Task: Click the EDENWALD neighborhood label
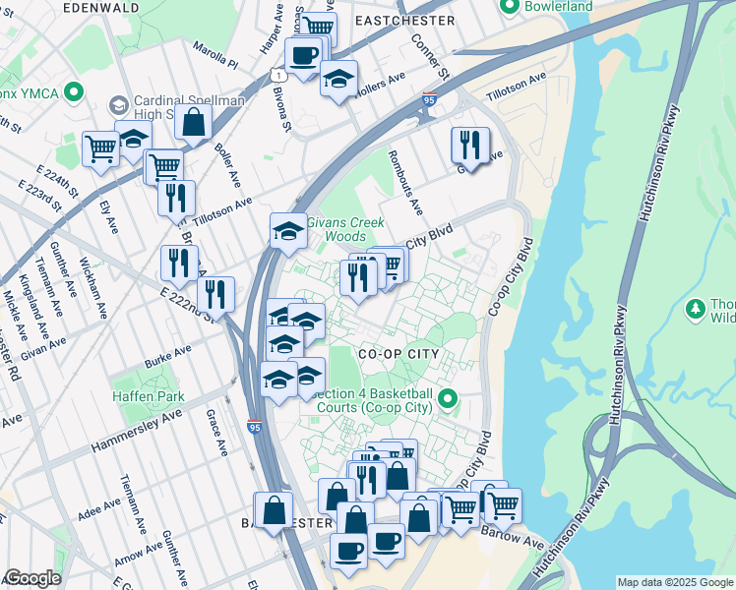point(100,7)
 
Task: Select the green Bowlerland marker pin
point(509,7)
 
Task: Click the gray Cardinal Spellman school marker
point(118,104)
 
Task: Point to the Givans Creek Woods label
point(344,229)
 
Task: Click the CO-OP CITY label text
point(396,352)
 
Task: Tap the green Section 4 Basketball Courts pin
point(447,399)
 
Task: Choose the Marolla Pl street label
point(215,54)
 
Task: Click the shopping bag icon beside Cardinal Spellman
point(195,123)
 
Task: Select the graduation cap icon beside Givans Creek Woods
point(287,230)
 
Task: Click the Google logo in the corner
point(32,578)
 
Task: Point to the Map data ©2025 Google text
point(675,582)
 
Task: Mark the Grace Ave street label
point(217,434)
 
